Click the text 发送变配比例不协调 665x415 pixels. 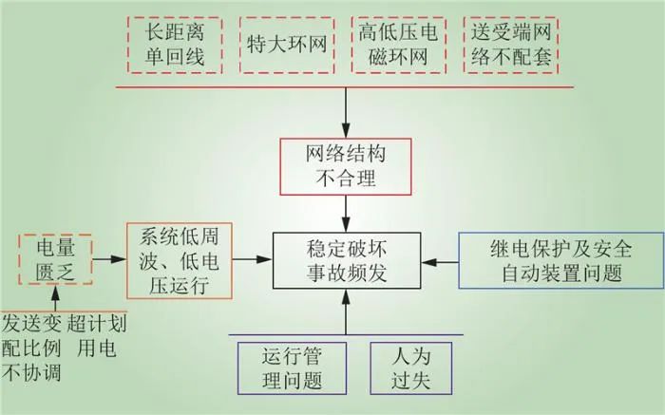[x=31, y=349]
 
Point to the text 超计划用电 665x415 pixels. [x=97, y=336]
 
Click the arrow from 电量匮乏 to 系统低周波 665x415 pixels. [x=109, y=259]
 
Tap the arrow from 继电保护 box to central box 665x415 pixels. [x=440, y=262]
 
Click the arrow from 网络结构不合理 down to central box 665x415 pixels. [x=346, y=214]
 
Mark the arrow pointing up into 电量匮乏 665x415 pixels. [x=55, y=298]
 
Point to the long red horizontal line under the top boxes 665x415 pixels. [x=345, y=87]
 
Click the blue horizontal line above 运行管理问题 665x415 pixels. [x=346, y=335]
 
